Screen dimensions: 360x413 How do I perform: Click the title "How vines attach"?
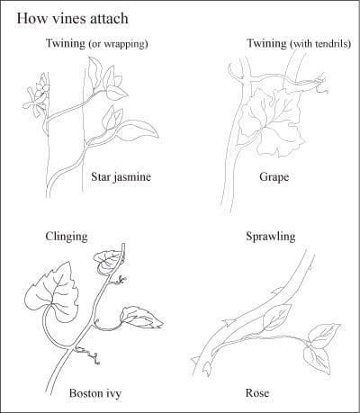tap(72, 18)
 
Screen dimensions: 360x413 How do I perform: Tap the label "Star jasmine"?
tap(121, 176)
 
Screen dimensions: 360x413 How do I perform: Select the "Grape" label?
tap(274, 176)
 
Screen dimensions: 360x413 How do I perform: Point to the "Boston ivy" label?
tap(95, 393)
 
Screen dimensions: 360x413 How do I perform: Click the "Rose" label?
tap(257, 393)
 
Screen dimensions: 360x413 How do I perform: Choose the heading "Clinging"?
tap(67, 237)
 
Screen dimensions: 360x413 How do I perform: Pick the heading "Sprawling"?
tap(271, 237)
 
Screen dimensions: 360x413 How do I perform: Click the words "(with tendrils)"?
tap(320, 44)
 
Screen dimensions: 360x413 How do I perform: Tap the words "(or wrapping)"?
tap(118, 44)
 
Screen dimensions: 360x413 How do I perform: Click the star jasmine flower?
tap(37, 96)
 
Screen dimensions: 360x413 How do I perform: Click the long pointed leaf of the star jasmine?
tap(138, 130)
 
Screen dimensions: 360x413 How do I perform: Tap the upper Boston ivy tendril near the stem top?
tap(118, 281)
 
